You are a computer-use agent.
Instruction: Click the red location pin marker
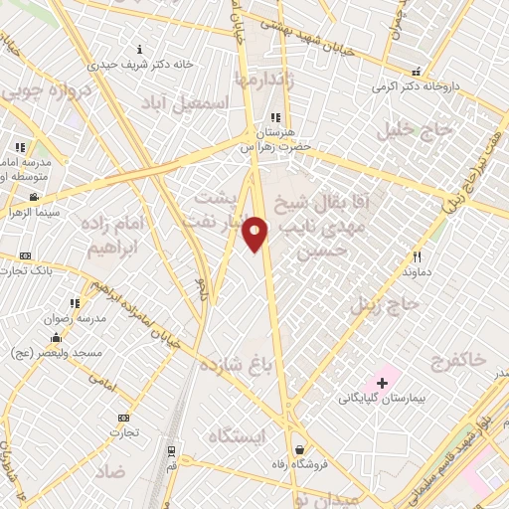[x=255, y=234]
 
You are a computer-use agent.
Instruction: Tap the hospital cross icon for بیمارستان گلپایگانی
[x=381, y=383]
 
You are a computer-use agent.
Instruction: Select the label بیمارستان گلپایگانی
[x=382, y=399]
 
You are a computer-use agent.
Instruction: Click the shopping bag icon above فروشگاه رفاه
[x=299, y=449]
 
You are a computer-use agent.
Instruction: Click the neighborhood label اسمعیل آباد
[x=201, y=102]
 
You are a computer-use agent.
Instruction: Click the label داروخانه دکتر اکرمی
[x=418, y=86]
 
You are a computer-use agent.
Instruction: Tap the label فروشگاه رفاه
[x=298, y=464]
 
